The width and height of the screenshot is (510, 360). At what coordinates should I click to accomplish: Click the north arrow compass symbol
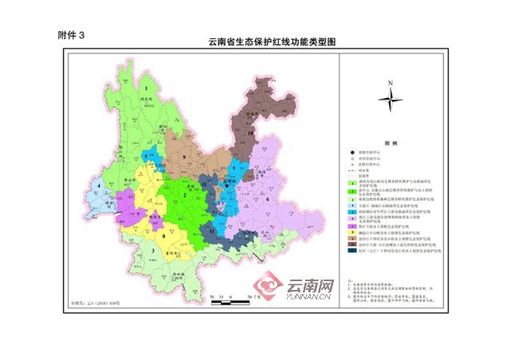tap(390, 99)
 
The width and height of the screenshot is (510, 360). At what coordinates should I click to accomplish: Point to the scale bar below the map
tap(230, 297)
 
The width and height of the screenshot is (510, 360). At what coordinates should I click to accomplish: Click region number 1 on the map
tap(148, 87)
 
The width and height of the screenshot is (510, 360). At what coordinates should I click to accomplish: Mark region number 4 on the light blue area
tap(99, 189)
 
